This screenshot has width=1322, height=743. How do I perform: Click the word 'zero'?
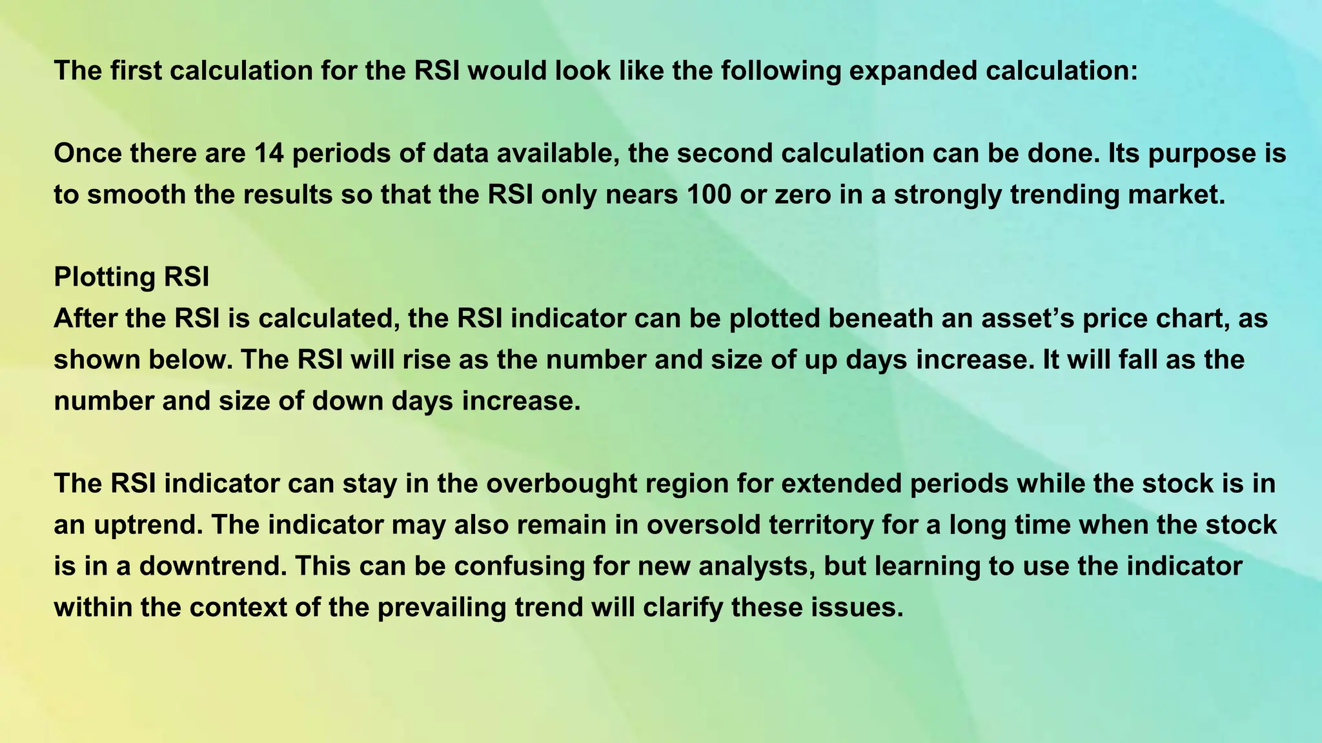click(x=804, y=194)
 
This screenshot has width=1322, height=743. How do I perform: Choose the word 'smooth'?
click(x=136, y=194)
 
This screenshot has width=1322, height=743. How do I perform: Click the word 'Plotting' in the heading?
click(x=104, y=277)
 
